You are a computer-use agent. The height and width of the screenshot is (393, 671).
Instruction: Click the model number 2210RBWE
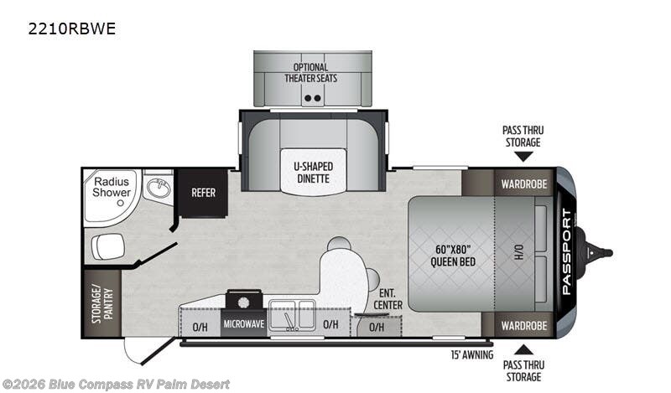[72, 28]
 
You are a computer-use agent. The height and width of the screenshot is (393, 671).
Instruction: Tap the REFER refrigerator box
[203, 193]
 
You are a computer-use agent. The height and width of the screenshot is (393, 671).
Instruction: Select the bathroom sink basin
[159, 189]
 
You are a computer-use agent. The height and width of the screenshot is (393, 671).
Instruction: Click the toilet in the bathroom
[108, 246]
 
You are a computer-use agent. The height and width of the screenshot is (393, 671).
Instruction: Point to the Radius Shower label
[112, 188]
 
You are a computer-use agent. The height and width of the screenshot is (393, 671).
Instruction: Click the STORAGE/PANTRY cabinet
[101, 303]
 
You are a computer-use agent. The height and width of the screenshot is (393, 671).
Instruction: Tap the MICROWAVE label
[243, 324]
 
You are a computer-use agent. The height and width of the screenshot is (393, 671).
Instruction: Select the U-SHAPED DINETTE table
[313, 172]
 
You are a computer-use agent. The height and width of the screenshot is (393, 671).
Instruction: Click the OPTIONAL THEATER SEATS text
[310, 73]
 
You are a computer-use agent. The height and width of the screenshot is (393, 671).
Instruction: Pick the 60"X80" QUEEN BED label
[453, 256]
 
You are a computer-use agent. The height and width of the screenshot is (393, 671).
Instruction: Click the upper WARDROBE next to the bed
[523, 184]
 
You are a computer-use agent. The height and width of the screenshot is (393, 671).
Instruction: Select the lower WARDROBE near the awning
[523, 325]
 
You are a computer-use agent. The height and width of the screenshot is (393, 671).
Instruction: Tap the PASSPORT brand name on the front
[566, 252]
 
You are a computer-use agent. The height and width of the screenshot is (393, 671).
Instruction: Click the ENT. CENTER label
[388, 299]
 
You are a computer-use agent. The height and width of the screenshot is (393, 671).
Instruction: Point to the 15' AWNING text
[471, 354]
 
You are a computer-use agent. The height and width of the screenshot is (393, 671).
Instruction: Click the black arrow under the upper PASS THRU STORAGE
[523, 157]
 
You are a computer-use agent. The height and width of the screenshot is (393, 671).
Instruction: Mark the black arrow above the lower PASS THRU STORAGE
[523, 349]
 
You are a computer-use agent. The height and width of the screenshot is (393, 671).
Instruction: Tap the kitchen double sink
[292, 315]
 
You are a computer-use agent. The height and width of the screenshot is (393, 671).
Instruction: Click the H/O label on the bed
[518, 252]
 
